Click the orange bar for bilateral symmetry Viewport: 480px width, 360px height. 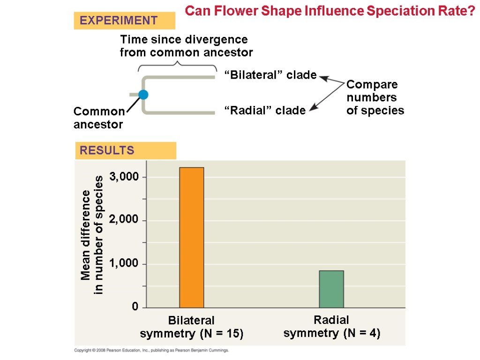(x=191, y=237)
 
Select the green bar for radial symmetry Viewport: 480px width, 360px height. (x=331, y=289)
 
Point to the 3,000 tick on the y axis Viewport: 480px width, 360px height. (x=125, y=177)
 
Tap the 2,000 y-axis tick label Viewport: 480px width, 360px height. (x=125, y=220)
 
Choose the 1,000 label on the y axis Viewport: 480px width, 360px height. (x=125, y=264)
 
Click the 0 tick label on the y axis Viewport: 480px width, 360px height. (x=135, y=307)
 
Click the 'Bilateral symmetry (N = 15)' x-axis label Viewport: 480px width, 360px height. (x=191, y=327)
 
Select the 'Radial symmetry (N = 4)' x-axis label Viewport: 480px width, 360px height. (x=331, y=327)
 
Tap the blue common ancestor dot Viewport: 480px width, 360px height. (x=143, y=95)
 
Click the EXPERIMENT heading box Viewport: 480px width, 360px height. (x=124, y=21)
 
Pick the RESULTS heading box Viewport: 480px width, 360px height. (x=125, y=150)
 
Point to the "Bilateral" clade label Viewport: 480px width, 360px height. (x=270, y=75)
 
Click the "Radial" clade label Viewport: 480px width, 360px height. (x=265, y=111)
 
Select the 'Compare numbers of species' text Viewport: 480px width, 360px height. (x=375, y=97)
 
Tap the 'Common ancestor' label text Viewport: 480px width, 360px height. (x=99, y=118)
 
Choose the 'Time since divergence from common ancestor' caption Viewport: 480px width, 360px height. (x=186, y=45)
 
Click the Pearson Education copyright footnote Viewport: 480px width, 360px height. (x=151, y=350)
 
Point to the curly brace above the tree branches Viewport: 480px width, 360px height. (x=177, y=66)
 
